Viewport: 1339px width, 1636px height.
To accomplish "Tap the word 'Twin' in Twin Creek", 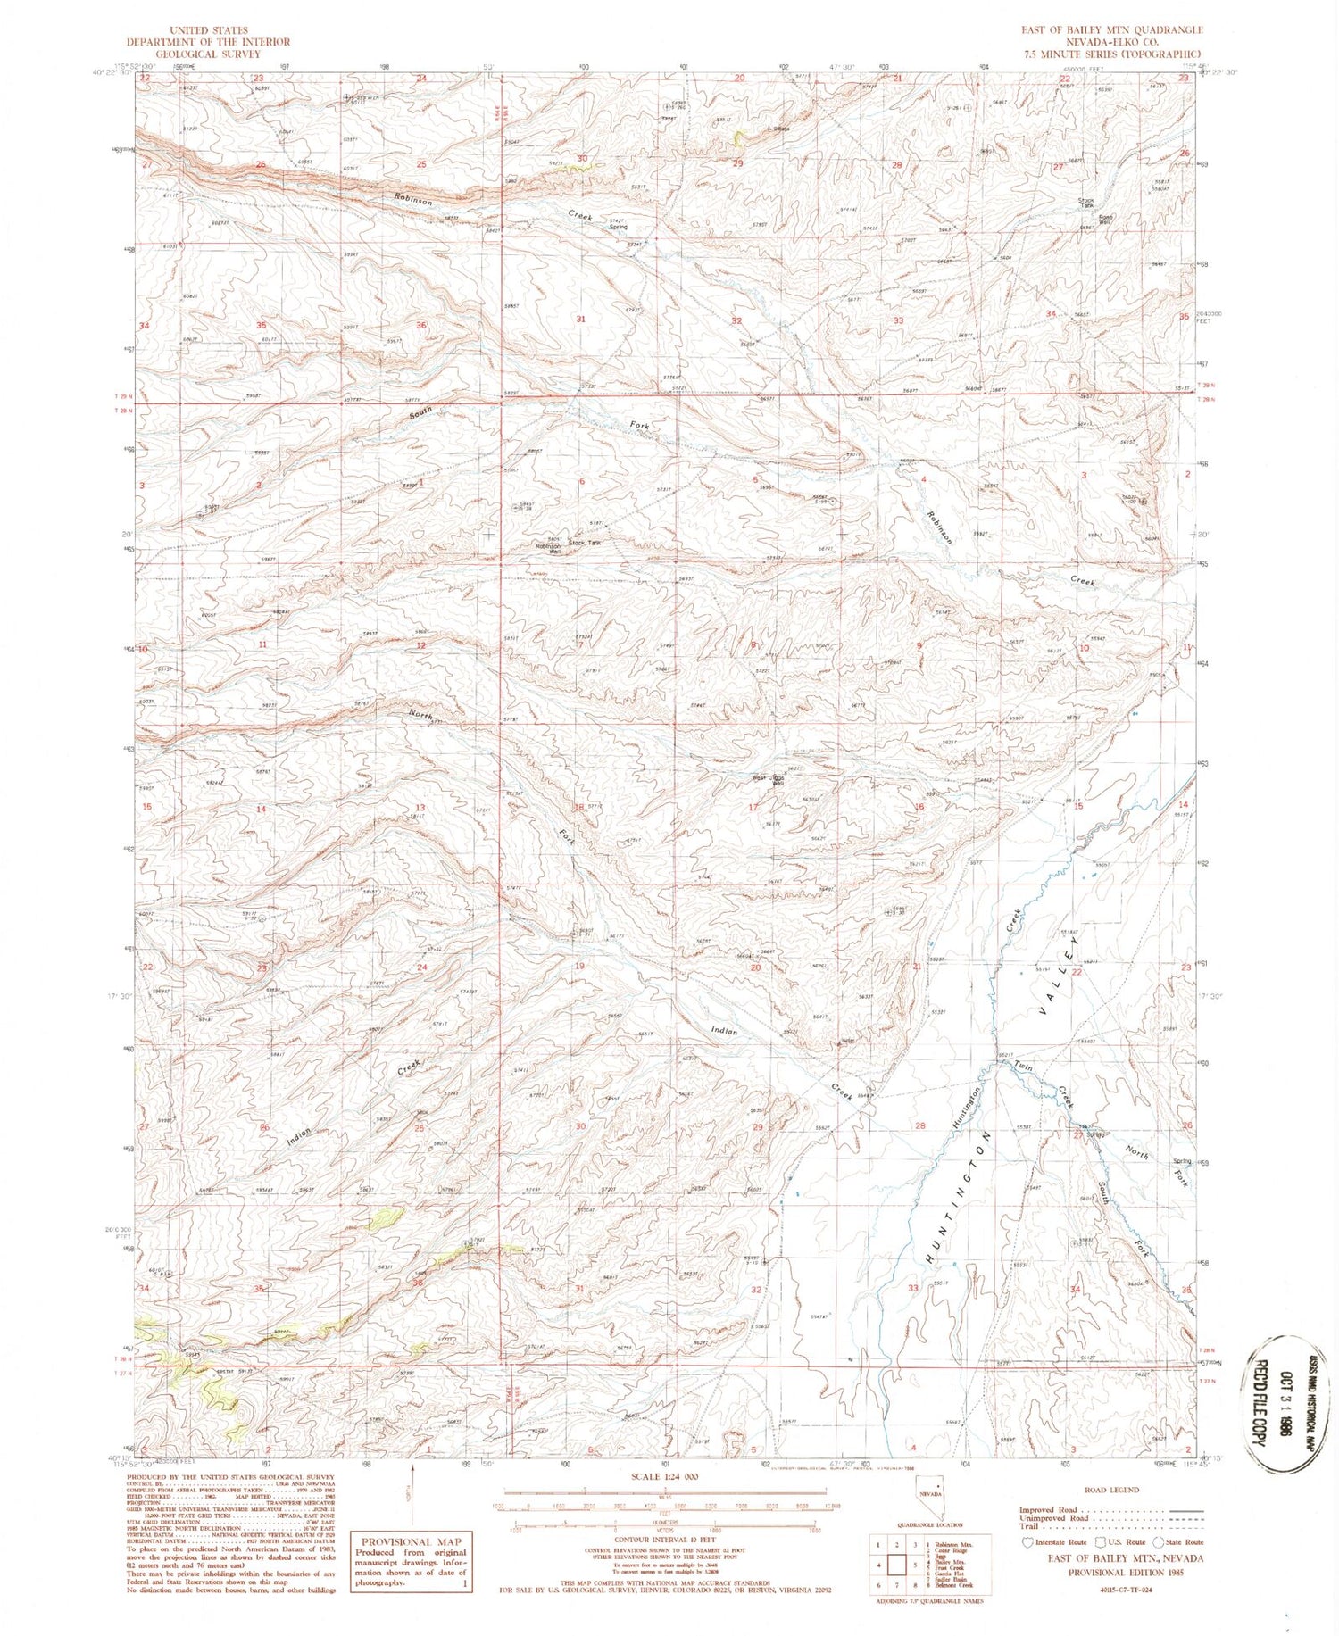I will [1024, 1068].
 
